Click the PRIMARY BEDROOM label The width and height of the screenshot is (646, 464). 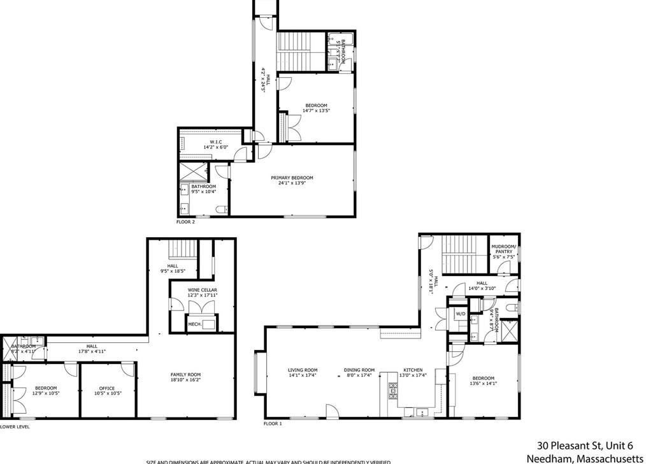click(x=292, y=178)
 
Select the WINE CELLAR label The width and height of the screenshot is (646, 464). click(x=203, y=290)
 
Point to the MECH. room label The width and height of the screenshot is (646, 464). click(x=194, y=324)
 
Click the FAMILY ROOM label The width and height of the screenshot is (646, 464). click(x=185, y=375)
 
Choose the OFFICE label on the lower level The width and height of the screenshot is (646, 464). click(x=106, y=388)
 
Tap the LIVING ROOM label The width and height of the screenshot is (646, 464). click(x=303, y=370)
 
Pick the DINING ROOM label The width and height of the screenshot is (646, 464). click(x=359, y=370)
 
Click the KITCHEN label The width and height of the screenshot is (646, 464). click(x=413, y=370)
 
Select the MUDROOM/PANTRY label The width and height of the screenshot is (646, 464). click(x=503, y=249)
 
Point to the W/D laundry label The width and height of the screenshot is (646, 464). click(x=460, y=314)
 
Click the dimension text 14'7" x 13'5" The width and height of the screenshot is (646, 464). click(x=316, y=111)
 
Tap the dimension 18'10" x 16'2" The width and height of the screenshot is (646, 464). click(x=185, y=380)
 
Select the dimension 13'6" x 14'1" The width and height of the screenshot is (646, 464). click(x=483, y=384)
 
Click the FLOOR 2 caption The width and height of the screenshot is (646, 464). click(x=185, y=222)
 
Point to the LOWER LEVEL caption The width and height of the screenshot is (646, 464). click(x=15, y=427)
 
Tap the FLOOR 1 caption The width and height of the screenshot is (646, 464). click(x=273, y=423)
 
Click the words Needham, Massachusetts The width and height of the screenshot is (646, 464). click(x=585, y=458)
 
